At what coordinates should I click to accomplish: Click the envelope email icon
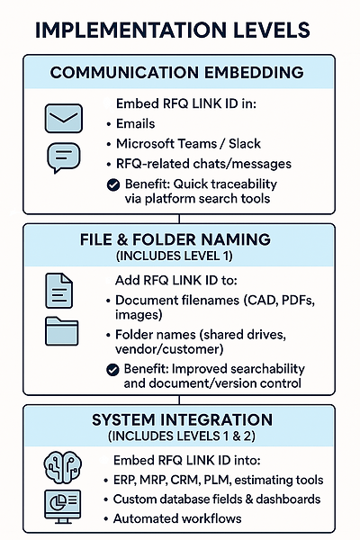pos(64,119)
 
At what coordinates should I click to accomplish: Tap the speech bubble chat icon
pos(63,157)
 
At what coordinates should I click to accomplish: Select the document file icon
pos(58,291)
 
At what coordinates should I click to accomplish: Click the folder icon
pos(62,331)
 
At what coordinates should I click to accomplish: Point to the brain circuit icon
pos(62,468)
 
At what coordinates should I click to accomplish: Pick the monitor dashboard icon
pos(62,506)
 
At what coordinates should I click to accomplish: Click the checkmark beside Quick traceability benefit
pos(113,184)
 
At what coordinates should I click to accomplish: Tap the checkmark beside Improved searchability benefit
pos(112,370)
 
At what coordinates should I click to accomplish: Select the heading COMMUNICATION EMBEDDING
pos(177,73)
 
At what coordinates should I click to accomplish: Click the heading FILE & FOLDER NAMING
pos(175,239)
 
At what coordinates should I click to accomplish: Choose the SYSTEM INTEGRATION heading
pos(182,420)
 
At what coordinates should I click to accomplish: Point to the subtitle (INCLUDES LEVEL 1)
pos(175,256)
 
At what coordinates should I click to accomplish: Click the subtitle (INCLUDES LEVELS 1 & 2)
pos(182,436)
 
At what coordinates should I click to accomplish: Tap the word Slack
pos(245,144)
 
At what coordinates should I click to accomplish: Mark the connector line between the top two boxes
pos(179,219)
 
